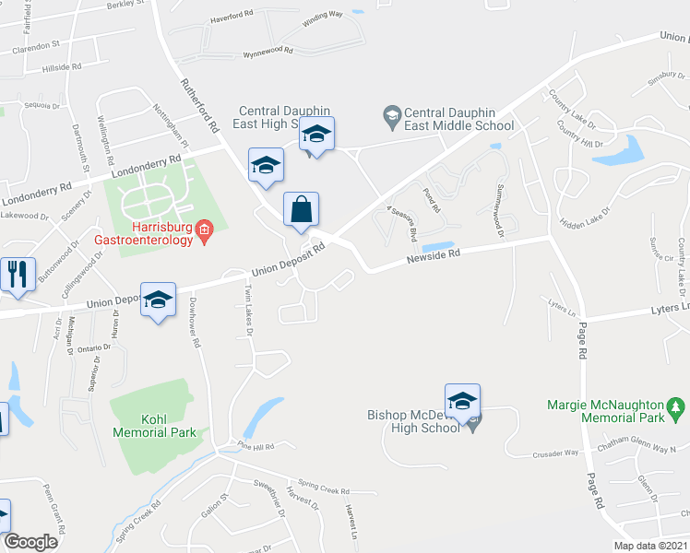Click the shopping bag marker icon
point(302,209)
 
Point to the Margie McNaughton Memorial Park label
point(605,411)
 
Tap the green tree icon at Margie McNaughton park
point(676,406)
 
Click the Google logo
point(30,542)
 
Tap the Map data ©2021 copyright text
point(650,546)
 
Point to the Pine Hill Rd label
point(256,447)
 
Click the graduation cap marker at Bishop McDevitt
point(462,401)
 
